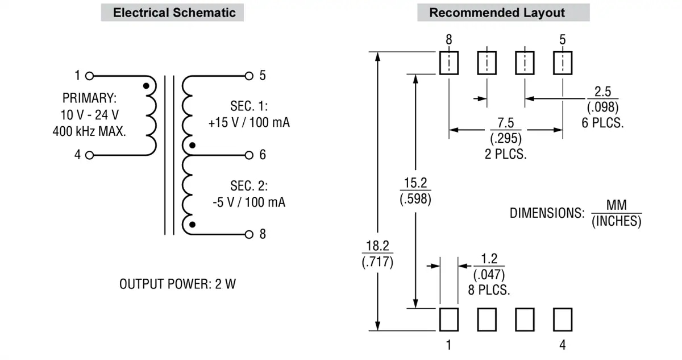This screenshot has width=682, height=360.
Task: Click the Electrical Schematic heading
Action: click(x=174, y=13)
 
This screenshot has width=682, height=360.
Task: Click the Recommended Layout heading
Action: click(x=497, y=13)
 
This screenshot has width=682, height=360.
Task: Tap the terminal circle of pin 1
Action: click(x=89, y=75)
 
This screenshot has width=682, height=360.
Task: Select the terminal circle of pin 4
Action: click(x=89, y=155)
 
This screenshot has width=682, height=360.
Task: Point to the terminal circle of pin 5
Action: click(x=248, y=75)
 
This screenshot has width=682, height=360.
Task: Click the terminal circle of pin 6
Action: click(x=248, y=155)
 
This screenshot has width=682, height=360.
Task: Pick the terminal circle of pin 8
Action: click(x=248, y=234)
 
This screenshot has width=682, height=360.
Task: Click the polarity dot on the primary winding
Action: click(x=146, y=86)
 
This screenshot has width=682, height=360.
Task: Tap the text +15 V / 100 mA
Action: click(x=249, y=122)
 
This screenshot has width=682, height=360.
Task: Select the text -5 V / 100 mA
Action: click(x=249, y=202)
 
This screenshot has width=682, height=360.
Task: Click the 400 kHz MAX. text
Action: click(x=89, y=131)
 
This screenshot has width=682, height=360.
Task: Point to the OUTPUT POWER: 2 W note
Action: click(x=177, y=284)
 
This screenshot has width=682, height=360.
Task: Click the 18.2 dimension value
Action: click(x=377, y=247)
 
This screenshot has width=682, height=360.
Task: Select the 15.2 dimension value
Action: click(x=415, y=183)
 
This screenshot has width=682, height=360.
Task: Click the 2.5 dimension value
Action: click(x=602, y=92)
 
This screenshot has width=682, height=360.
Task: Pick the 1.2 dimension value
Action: click(x=489, y=259)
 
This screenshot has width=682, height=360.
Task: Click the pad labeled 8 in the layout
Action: click(x=448, y=63)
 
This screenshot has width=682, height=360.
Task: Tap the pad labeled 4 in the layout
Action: click(x=563, y=320)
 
